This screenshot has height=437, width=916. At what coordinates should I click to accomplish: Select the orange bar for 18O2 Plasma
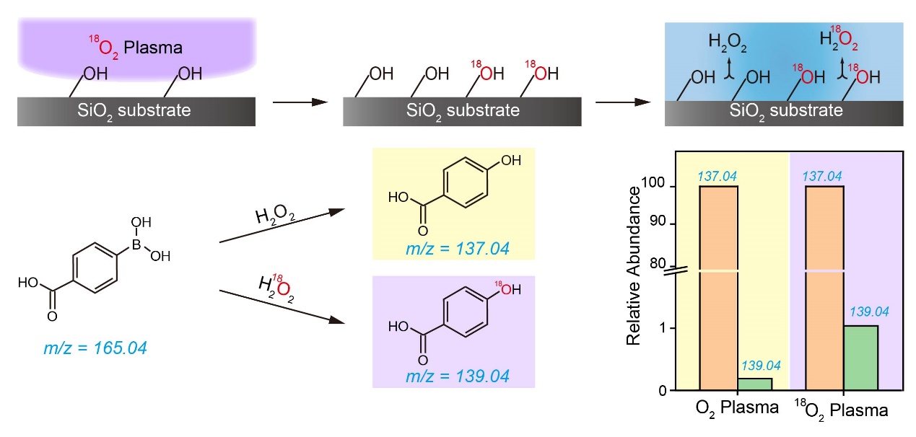point(824,288)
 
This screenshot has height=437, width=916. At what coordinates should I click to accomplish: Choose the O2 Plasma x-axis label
point(737,409)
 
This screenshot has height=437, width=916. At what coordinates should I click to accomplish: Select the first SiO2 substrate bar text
point(136,111)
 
